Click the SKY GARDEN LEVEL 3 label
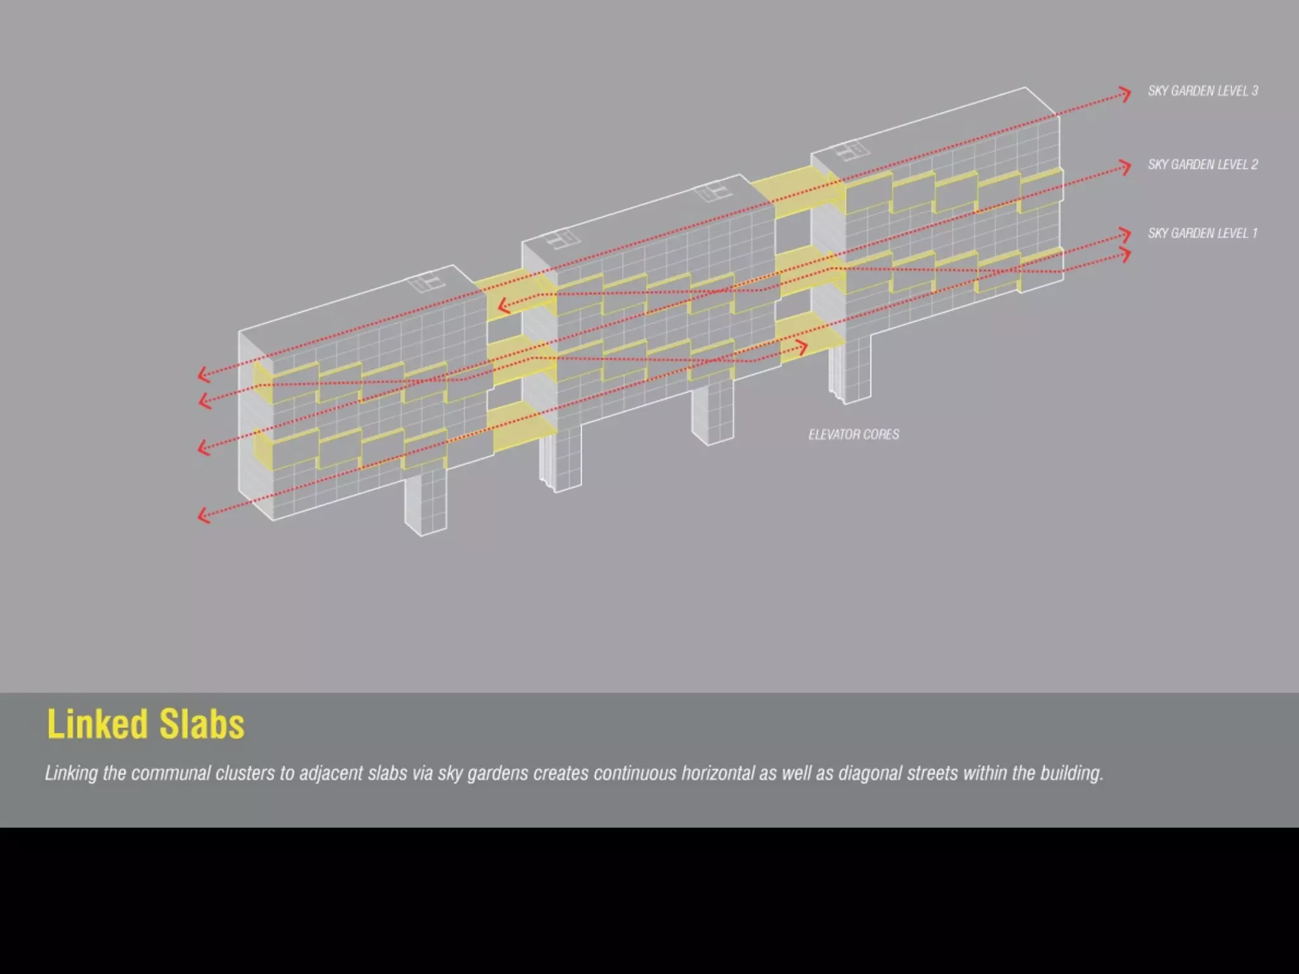click(x=1203, y=91)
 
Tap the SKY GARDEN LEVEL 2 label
click(x=1203, y=165)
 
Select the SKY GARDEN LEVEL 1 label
click(x=1203, y=233)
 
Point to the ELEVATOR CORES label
click(x=854, y=435)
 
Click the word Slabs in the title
click(x=202, y=724)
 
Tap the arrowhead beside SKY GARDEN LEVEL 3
click(x=1125, y=94)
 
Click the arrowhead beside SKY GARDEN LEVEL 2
click(x=1125, y=167)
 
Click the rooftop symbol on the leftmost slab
click(x=426, y=282)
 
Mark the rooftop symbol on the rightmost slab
click(x=850, y=152)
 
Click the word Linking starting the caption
click(x=71, y=774)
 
